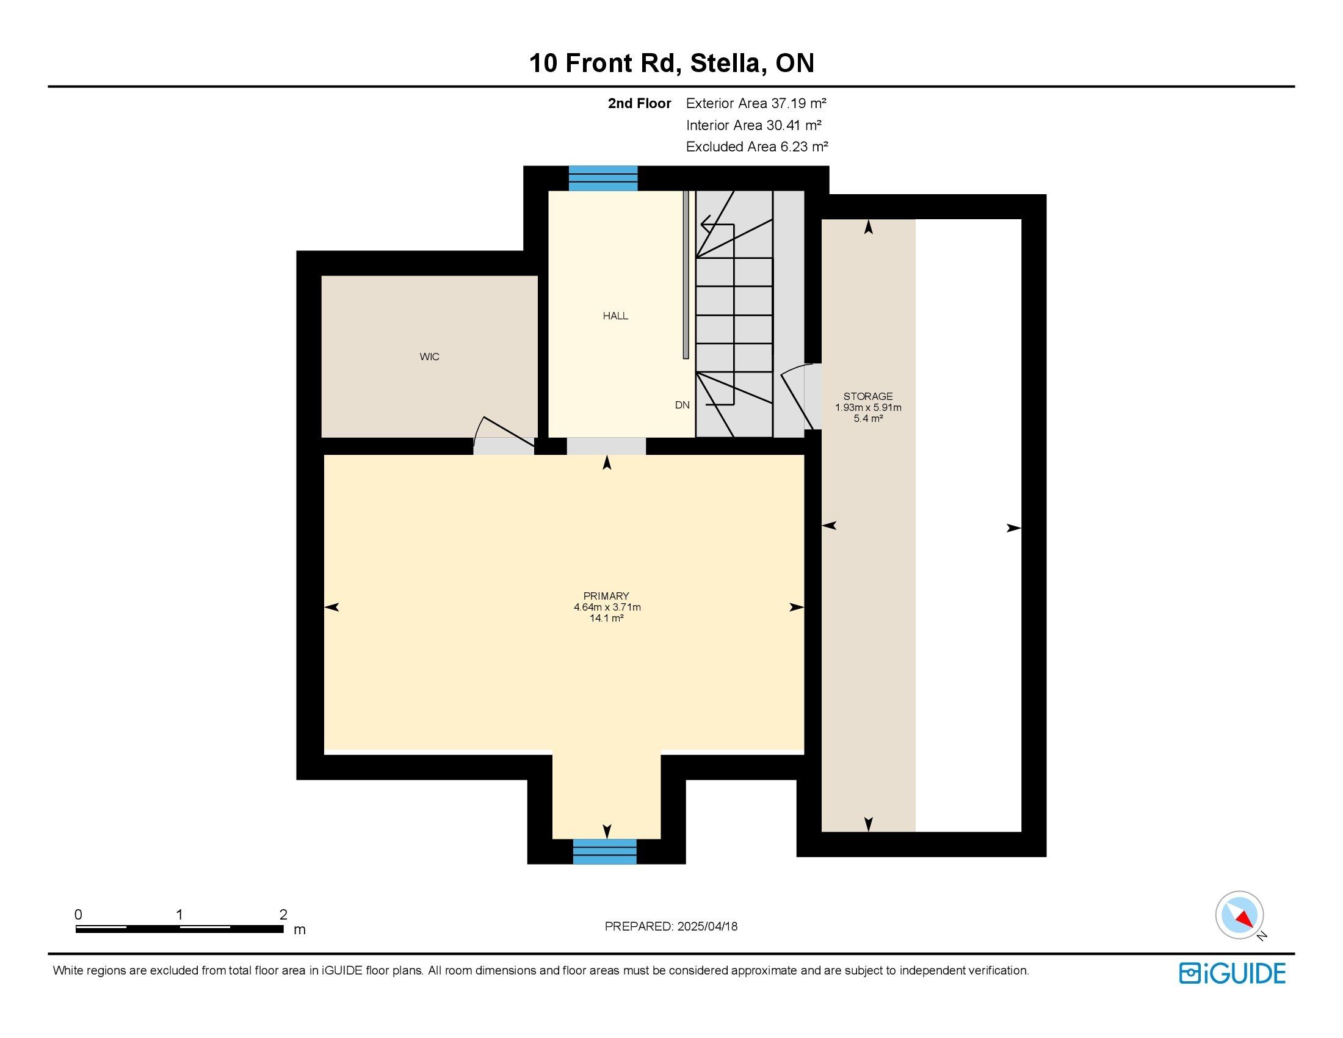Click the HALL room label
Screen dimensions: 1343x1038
point(615,316)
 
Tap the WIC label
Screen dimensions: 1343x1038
point(429,357)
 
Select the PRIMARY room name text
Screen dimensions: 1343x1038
point(606,596)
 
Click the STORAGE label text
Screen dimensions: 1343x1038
point(867,397)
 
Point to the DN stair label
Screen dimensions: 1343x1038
point(682,405)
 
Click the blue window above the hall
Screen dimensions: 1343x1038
point(603,178)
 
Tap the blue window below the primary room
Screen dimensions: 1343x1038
point(604,852)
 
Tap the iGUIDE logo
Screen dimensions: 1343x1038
point(1232,973)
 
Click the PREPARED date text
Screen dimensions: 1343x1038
point(671,927)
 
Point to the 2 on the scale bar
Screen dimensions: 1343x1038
point(283,915)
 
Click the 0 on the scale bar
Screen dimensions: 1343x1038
point(78,915)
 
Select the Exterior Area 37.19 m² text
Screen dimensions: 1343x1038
point(756,103)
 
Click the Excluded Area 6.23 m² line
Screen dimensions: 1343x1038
point(757,147)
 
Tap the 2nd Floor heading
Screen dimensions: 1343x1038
point(639,103)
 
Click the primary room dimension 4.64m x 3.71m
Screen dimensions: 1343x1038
point(607,607)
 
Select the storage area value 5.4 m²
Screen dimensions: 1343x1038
point(868,419)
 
